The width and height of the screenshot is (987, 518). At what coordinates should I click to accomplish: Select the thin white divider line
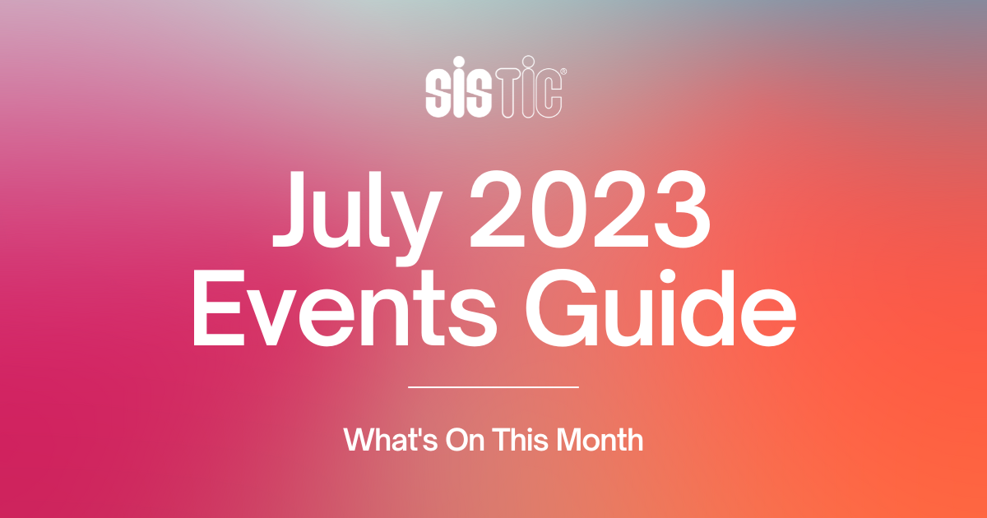(493, 386)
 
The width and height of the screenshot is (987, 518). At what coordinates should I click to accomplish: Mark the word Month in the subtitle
(600, 439)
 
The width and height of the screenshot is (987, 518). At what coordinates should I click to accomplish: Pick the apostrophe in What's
(417, 431)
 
